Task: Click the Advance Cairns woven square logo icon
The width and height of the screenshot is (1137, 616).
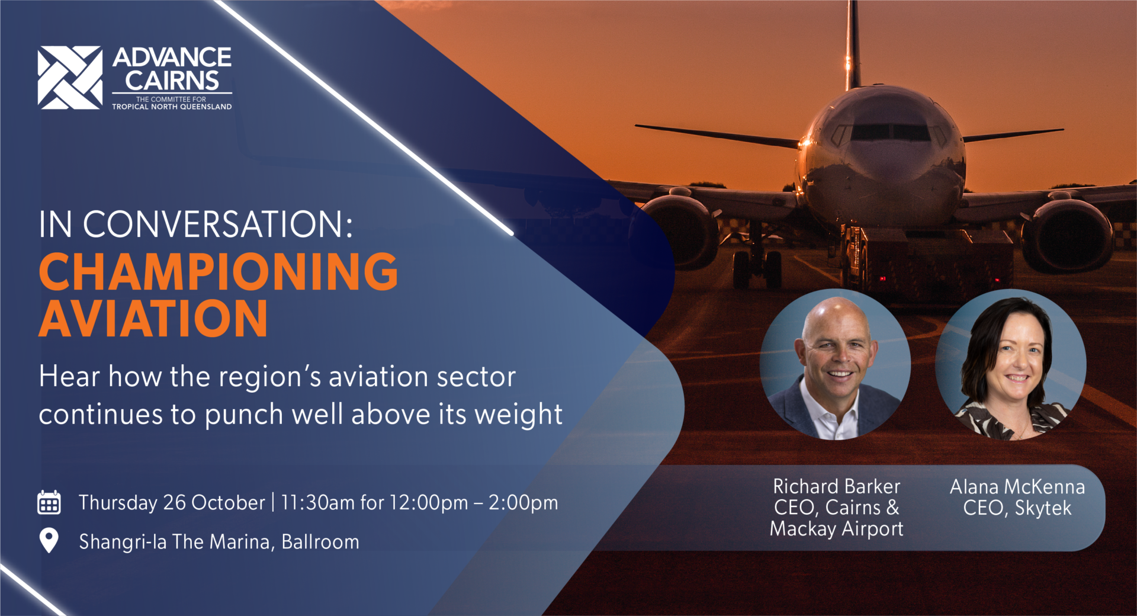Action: pyautogui.click(x=70, y=78)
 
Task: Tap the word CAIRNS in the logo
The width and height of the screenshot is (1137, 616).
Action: pyautogui.click(x=172, y=81)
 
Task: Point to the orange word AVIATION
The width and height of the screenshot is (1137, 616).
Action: pyautogui.click(x=153, y=318)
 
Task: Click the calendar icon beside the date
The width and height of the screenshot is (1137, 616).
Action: pyautogui.click(x=49, y=502)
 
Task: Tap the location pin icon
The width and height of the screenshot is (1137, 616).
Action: pyautogui.click(x=49, y=540)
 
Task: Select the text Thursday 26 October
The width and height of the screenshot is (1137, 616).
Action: pyautogui.click(x=172, y=502)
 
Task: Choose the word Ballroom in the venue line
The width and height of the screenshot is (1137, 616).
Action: pyautogui.click(x=320, y=541)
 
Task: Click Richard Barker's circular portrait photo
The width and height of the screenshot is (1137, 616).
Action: pyautogui.click(x=835, y=364)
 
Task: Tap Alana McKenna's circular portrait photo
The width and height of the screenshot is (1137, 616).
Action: pyautogui.click(x=1011, y=364)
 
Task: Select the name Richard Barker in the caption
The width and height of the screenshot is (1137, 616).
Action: pyautogui.click(x=836, y=486)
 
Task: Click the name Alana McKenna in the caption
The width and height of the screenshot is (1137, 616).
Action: pyautogui.click(x=1017, y=486)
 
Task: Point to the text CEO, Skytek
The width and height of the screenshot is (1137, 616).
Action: pyautogui.click(x=1017, y=508)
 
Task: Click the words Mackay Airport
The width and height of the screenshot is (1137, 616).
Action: pyautogui.click(x=836, y=528)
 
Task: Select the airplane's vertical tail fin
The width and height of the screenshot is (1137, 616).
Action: pyautogui.click(x=853, y=44)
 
